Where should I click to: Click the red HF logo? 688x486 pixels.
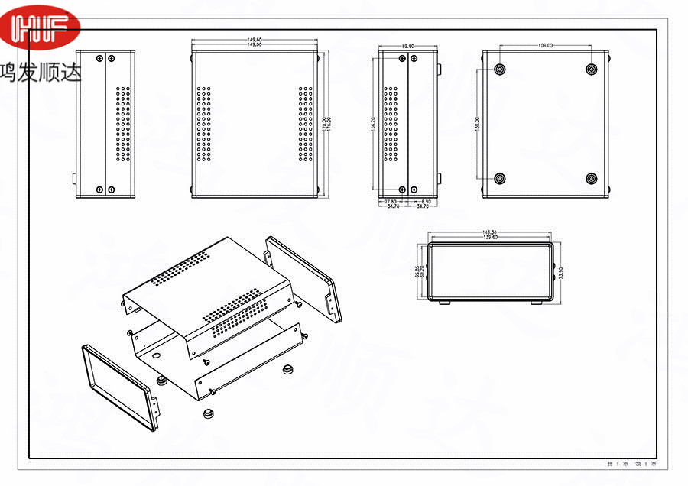click(41, 28)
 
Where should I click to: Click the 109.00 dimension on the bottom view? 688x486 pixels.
click(546, 46)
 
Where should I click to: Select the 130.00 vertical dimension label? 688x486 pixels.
click(477, 122)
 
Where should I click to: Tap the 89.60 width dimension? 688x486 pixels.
click(407, 46)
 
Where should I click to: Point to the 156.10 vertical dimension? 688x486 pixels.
click(373, 122)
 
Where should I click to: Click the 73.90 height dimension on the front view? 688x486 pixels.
click(562, 272)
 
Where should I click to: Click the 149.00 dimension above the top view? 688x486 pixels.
click(255, 45)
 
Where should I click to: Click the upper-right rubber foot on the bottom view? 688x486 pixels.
click(591, 69)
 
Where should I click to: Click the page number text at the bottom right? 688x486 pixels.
click(631, 465)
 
